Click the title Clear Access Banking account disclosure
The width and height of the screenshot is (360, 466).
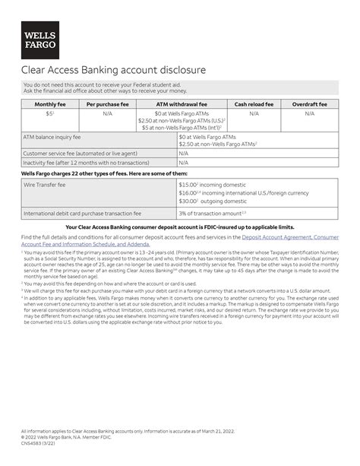coord(113,71)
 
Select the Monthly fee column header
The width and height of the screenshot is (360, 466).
coord(49,104)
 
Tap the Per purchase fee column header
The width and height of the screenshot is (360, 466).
coord(107,104)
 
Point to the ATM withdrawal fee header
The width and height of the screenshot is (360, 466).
coord(182,104)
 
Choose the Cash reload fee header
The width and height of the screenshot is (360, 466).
coord(254,104)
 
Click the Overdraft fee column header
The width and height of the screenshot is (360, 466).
coord(310,104)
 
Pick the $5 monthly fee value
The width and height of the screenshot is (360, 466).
coord(49,113)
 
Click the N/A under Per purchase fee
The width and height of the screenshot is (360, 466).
coord(107,113)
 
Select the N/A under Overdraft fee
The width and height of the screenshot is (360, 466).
coord(310,113)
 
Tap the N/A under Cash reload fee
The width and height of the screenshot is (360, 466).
coord(254,113)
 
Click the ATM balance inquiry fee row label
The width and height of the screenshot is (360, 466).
coord(52,137)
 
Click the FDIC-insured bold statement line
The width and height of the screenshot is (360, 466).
coord(180,227)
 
